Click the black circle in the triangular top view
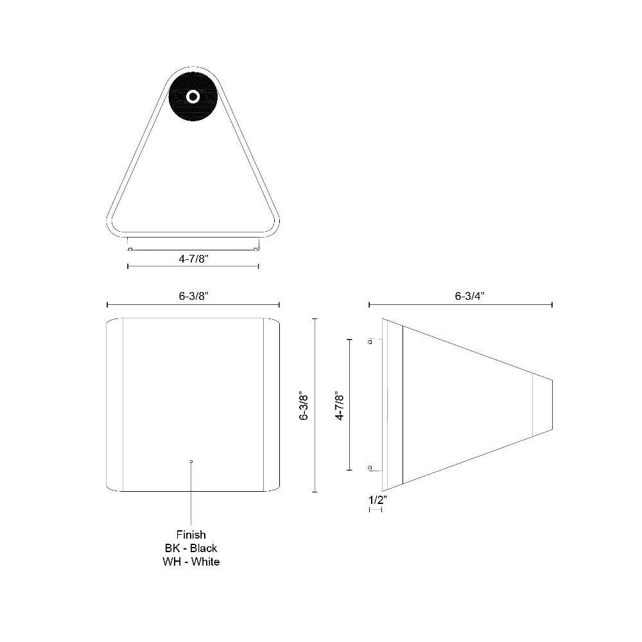pos(193,97)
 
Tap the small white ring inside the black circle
pos(193,97)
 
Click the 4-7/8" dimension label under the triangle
pos(194,259)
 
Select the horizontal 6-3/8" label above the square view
pos(194,296)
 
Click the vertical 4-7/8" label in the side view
pos(340,405)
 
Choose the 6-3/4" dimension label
pos(470,296)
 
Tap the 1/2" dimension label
pos(377,500)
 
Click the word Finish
pos(191,535)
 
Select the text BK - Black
pos(191,548)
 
